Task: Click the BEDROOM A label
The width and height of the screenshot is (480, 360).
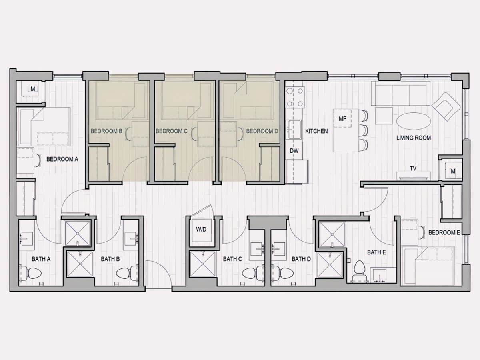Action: click(62, 159)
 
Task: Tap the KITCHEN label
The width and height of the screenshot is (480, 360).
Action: click(316, 131)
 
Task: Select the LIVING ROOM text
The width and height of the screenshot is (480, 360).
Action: click(414, 138)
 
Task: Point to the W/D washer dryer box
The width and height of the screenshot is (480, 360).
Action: click(201, 230)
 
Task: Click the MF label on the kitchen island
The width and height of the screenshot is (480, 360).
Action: click(342, 119)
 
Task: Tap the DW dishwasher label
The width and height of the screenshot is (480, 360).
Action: click(294, 151)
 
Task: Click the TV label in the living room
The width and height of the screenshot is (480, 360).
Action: click(413, 168)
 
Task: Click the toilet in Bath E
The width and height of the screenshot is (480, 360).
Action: click(359, 271)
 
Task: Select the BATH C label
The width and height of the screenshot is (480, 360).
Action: click(232, 259)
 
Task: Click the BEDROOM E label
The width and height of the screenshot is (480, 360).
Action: click(444, 232)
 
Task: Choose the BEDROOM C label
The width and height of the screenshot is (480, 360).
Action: click(172, 131)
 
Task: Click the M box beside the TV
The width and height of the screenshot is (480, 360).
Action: click(453, 171)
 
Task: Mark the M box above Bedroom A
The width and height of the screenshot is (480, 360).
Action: click(32, 89)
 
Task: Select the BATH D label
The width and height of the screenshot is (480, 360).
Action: click(301, 259)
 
